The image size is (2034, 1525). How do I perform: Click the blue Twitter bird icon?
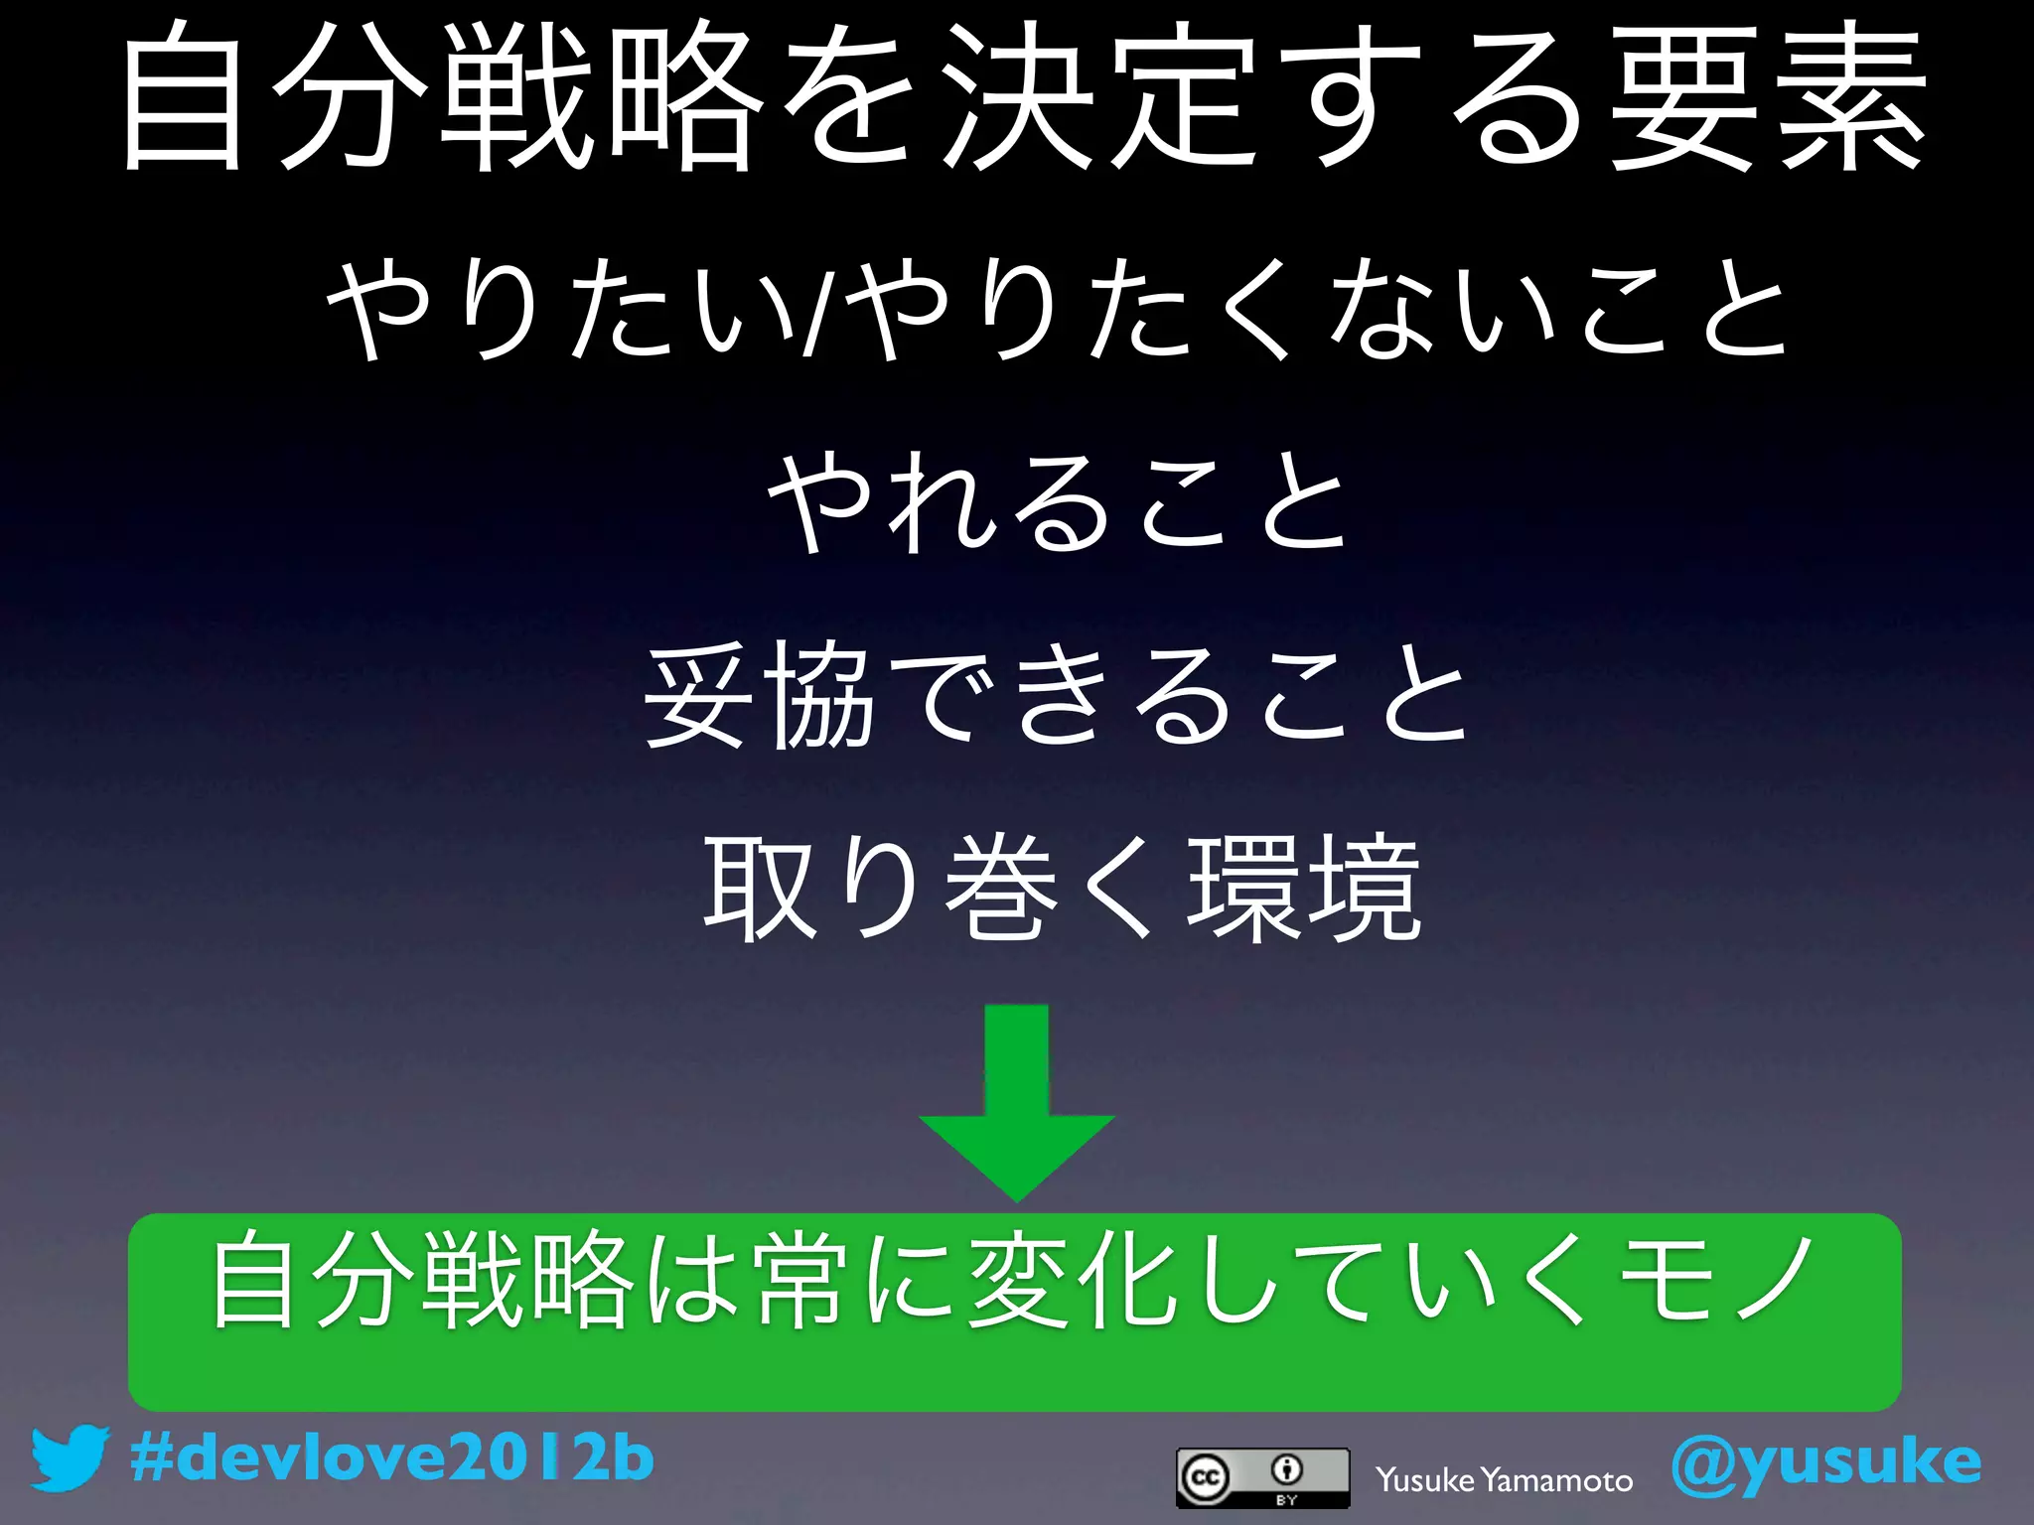68,1458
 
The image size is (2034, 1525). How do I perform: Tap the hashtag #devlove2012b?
392,1458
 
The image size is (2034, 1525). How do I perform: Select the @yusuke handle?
1825,1462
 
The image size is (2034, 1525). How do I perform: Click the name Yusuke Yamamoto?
1504,1480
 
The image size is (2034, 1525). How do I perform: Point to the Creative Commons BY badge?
1262,1477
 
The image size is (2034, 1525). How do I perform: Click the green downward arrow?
1016,1102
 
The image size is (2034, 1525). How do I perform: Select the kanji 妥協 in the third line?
760,694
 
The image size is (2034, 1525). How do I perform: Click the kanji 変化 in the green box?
1078,1281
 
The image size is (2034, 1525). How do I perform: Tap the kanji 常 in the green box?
804,1281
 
